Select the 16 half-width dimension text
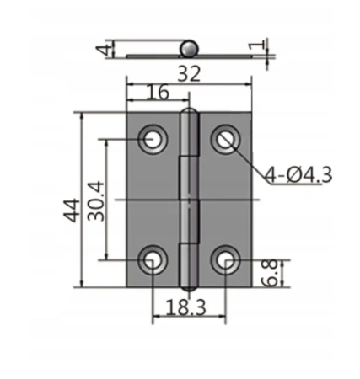coord(157,93)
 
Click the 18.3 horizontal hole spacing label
coord(189,309)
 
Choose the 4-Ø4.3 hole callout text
coord(298,174)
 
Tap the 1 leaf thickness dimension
coord(260,43)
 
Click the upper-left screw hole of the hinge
coord(153,138)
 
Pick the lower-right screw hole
coord(225,261)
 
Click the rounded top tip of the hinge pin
coord(190,114)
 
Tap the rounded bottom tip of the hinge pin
coord(190,287)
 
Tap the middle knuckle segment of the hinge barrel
coord(190,200)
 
